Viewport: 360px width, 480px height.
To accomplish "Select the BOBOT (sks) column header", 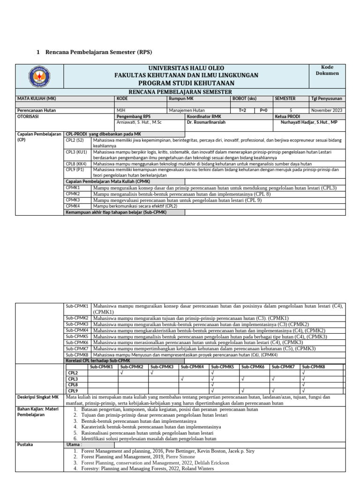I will point(244,99).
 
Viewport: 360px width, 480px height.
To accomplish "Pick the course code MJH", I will point(121,110).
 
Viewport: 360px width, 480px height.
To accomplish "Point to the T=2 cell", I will point(242,110).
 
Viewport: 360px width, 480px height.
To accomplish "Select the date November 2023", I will point(326,110).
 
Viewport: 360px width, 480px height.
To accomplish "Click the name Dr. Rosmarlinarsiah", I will point(208,122).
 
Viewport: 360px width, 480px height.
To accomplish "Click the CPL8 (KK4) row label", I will point(75,164).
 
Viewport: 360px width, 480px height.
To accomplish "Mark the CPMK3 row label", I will point(73,200).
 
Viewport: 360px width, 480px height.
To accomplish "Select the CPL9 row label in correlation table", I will point(73,390).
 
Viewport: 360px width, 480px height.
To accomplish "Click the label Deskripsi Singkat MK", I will point(37,397).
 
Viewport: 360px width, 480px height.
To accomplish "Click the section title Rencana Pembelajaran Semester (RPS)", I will point(98,52).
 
